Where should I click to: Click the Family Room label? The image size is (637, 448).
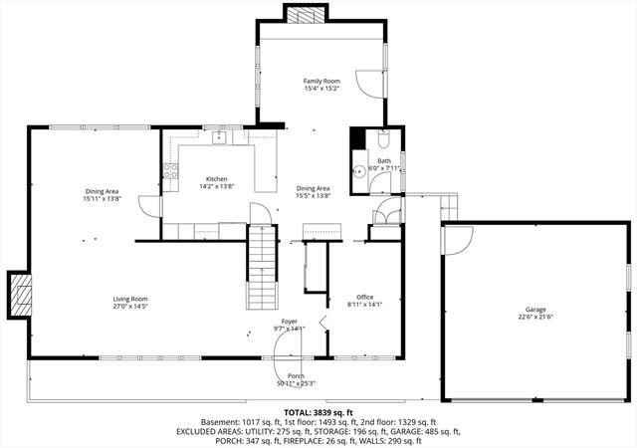click(321, 80)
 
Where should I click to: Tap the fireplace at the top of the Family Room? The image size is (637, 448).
click(306, 13)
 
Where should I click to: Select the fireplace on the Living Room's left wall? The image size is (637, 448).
click(20, 294)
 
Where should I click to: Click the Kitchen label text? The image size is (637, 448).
click(216, 178)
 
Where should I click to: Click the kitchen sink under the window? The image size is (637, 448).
click(218, 138)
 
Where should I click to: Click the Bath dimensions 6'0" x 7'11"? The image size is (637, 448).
click(384, 168)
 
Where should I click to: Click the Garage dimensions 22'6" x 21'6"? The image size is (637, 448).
click(535, 318)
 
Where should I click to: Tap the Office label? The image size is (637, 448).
click(365, 297)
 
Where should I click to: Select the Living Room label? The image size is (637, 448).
click(129, 299)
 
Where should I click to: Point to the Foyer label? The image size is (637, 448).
click(289, 321)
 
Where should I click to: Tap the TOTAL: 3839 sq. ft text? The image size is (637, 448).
click(318, 411)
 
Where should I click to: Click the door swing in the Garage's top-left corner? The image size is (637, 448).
click(456, 239)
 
